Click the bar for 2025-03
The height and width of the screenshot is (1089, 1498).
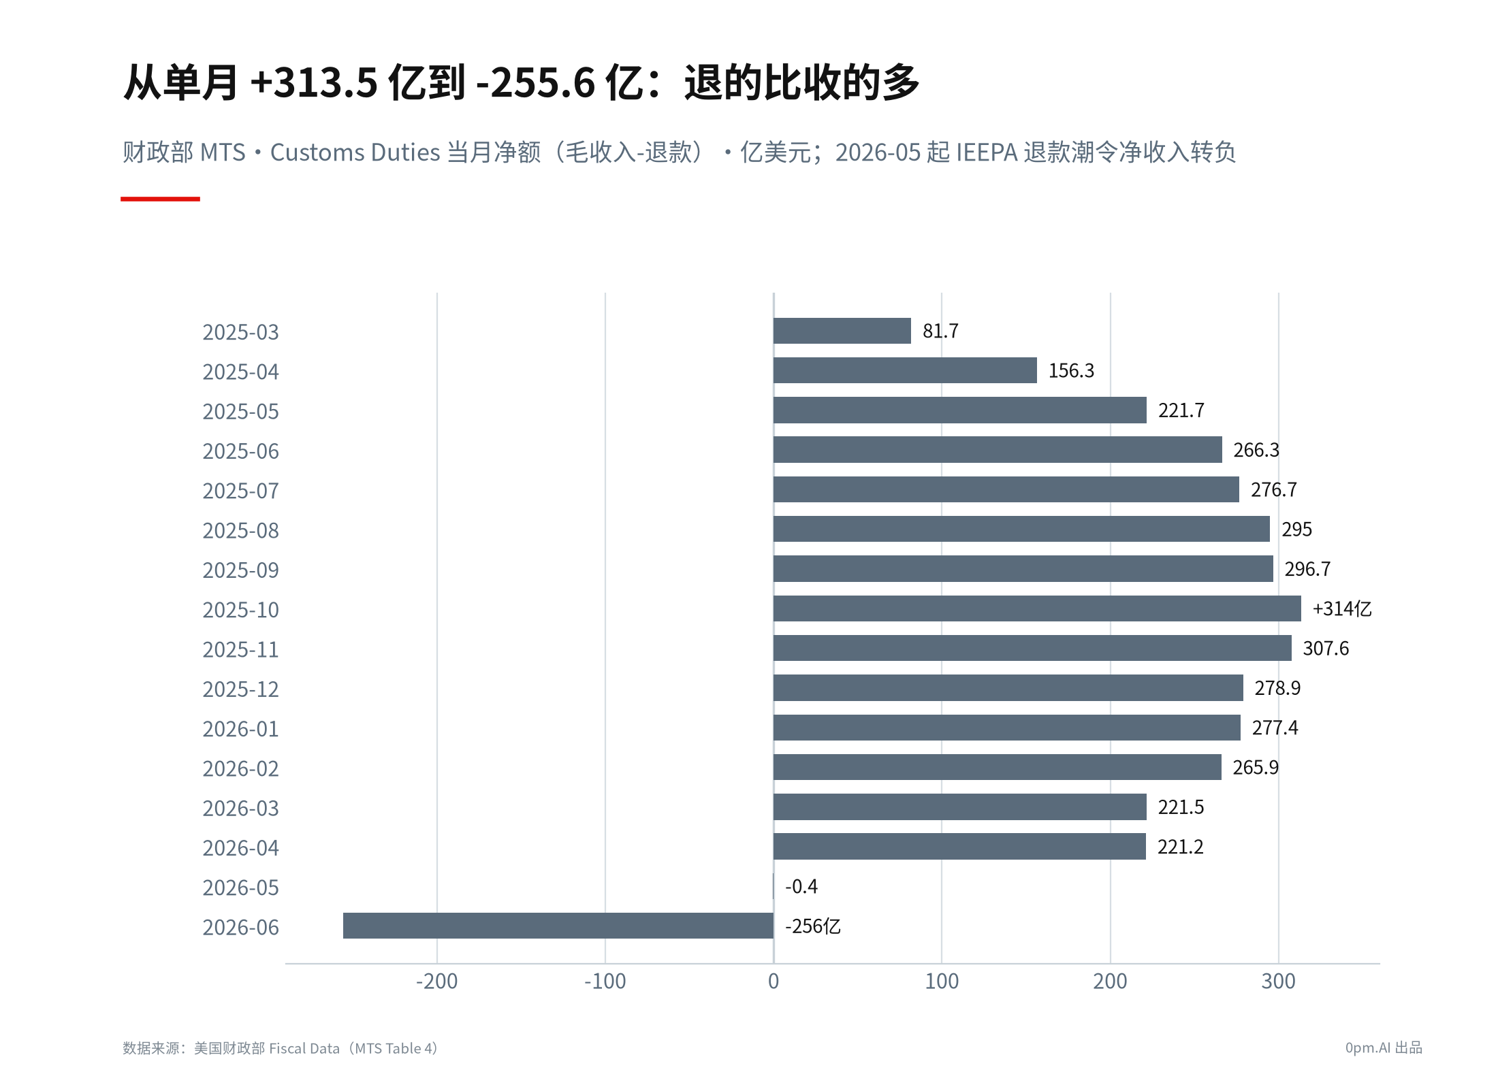pos(842,331)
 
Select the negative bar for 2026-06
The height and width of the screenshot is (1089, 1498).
pos(558,926)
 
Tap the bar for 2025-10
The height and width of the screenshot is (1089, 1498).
pos(1037,608)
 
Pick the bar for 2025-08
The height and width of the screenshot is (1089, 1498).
pos(1021,529)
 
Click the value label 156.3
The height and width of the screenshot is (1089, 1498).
pos(1071,371)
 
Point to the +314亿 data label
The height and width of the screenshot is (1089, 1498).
pos(1341,608)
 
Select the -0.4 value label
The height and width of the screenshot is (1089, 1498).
pos(801,886)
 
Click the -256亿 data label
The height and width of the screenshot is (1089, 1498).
pos(813,926)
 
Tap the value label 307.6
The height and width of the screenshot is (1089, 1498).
pos(1326,649)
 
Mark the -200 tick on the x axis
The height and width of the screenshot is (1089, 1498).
pos(436,981)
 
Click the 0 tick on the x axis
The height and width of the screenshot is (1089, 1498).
pos(774,981)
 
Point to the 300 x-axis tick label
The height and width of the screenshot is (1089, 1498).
pos(1278,981)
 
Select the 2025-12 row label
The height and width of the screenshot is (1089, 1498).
pos(240,689)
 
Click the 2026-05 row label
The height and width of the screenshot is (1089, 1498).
pos(240,888)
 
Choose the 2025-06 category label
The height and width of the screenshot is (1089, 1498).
pos(240,451)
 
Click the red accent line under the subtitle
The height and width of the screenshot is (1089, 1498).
pos(160,199)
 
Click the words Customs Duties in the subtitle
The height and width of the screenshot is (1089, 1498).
pos(355,152)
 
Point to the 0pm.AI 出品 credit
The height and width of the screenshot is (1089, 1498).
pos(1384,1048)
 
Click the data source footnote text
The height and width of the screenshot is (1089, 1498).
pos(280,1048)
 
